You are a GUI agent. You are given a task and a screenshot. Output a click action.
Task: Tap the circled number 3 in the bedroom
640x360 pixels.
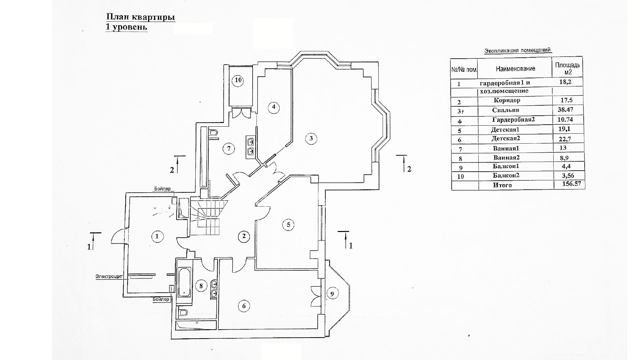(x=311, y=138)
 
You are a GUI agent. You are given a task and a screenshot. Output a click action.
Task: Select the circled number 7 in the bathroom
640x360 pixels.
(x=229, y=148)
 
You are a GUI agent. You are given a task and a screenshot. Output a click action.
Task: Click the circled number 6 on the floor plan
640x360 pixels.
(x=244, y=306)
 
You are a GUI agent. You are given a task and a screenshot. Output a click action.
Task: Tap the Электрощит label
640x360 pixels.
(x=109, y=276)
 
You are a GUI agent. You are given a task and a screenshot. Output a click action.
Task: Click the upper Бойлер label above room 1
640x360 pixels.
(x=162, y=189)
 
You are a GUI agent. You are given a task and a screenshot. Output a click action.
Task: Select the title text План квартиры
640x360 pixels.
(x=141, y=17)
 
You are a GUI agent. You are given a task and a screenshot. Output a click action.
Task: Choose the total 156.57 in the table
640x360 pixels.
(x=569, y=184)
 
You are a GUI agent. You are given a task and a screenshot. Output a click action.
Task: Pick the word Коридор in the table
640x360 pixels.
(x=507, y=100)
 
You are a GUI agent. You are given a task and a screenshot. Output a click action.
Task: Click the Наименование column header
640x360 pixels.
(x=515, y=69)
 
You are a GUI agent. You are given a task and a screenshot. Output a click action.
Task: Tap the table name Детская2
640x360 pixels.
(x=506, y=138)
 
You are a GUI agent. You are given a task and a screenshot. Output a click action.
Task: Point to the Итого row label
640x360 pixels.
(x=502, y=185)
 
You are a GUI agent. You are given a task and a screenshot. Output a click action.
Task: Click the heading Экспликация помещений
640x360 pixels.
(x=518, y=51)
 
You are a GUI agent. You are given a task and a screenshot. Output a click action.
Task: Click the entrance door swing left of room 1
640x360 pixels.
(x=118, y=237)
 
